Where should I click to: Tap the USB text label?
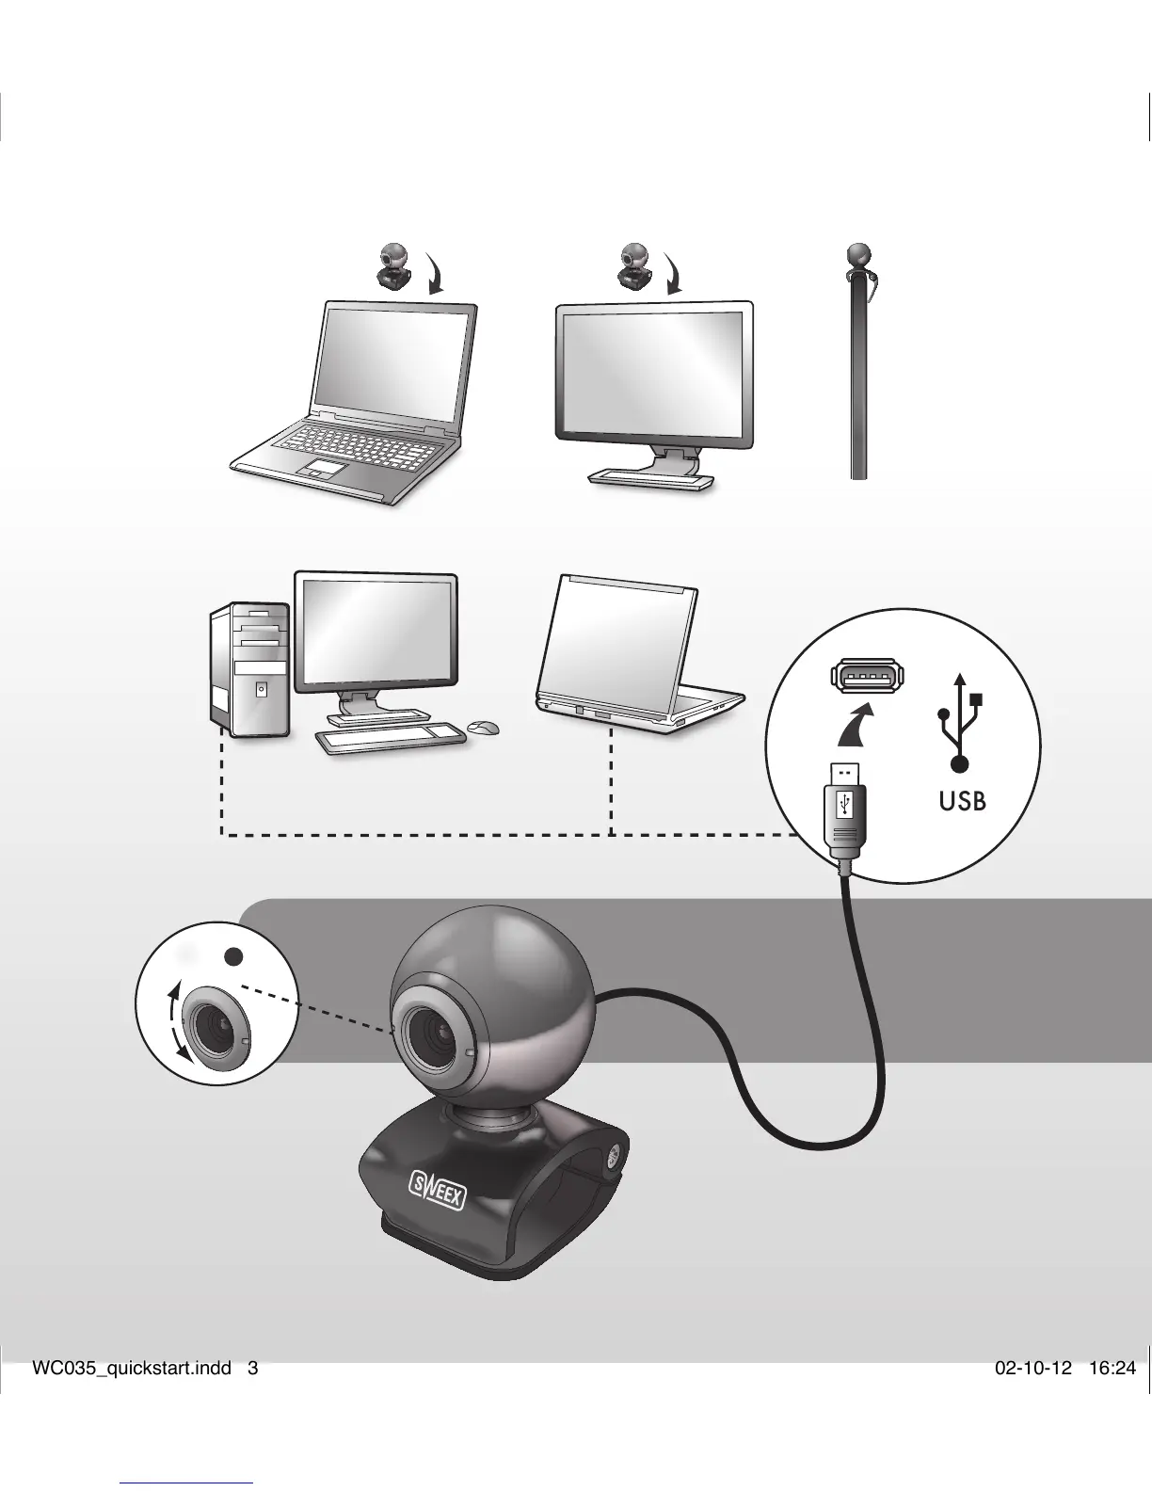pos(962,802)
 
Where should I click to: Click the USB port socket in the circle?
pos(867,676)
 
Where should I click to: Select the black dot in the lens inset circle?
pos(234,956)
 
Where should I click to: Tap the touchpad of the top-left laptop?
pos(320,469)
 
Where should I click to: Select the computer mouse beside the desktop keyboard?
pos(483,727)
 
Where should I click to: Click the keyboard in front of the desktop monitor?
pos(390,736)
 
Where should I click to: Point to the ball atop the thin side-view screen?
pos(858,254)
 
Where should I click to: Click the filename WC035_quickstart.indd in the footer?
pos(131,1369)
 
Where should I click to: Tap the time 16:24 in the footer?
pos(1112,1369)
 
